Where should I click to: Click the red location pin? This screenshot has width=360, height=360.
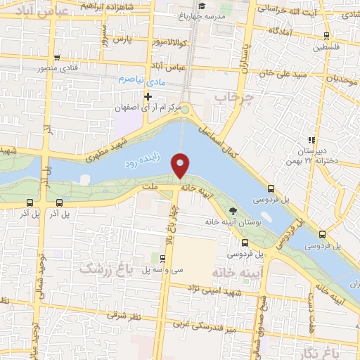[181, 165]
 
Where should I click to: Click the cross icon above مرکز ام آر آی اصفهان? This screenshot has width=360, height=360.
[148, 96]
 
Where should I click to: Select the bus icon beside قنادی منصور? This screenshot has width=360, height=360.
[56, 59]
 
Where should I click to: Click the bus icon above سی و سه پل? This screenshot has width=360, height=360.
[160, 258]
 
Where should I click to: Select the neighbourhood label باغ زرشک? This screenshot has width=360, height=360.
[101, 268]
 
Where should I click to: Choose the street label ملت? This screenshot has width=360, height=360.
[148, 187]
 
